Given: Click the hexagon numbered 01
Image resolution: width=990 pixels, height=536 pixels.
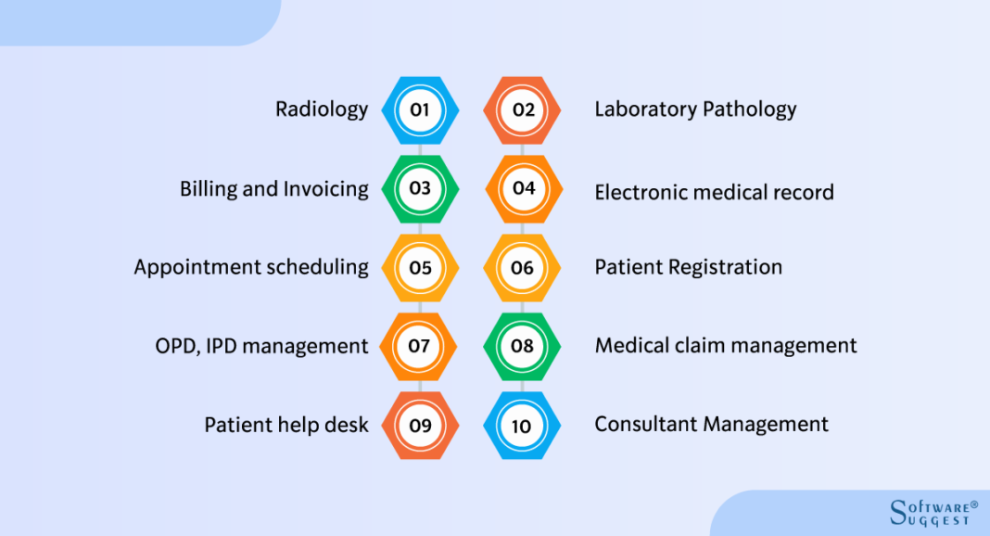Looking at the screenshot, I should (420, 109).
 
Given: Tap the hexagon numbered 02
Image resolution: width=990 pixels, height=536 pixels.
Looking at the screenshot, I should (523, 109).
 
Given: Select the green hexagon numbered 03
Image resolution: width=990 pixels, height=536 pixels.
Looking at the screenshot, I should (420, 188).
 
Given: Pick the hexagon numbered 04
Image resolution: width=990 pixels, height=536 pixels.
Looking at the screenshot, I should (523, 188).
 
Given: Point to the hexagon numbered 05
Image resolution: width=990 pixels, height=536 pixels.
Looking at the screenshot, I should (420, 268).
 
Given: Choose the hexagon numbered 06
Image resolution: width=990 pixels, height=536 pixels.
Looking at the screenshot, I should (523, 268).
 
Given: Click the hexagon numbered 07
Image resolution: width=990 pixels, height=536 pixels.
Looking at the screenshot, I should (420, 346).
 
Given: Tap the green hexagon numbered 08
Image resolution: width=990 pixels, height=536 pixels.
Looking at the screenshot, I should (523, 346).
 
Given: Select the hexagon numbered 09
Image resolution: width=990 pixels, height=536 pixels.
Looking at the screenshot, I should (420, 426).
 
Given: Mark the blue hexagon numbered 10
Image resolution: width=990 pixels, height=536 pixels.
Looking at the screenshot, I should (523, 426).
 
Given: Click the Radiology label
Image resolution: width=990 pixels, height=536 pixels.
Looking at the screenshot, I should (322, 109).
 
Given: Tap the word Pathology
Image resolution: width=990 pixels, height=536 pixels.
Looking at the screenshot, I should (750, 109).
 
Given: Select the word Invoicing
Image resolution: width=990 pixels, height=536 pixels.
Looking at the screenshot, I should (325, 189).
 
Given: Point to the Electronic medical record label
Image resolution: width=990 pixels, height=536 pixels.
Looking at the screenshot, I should (714, 192).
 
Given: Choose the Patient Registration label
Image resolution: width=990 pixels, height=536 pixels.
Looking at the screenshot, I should (688, 267).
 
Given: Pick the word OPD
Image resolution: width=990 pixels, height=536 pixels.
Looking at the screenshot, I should (175, 347).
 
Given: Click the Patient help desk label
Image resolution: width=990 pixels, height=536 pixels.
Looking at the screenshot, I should (286, 425).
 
